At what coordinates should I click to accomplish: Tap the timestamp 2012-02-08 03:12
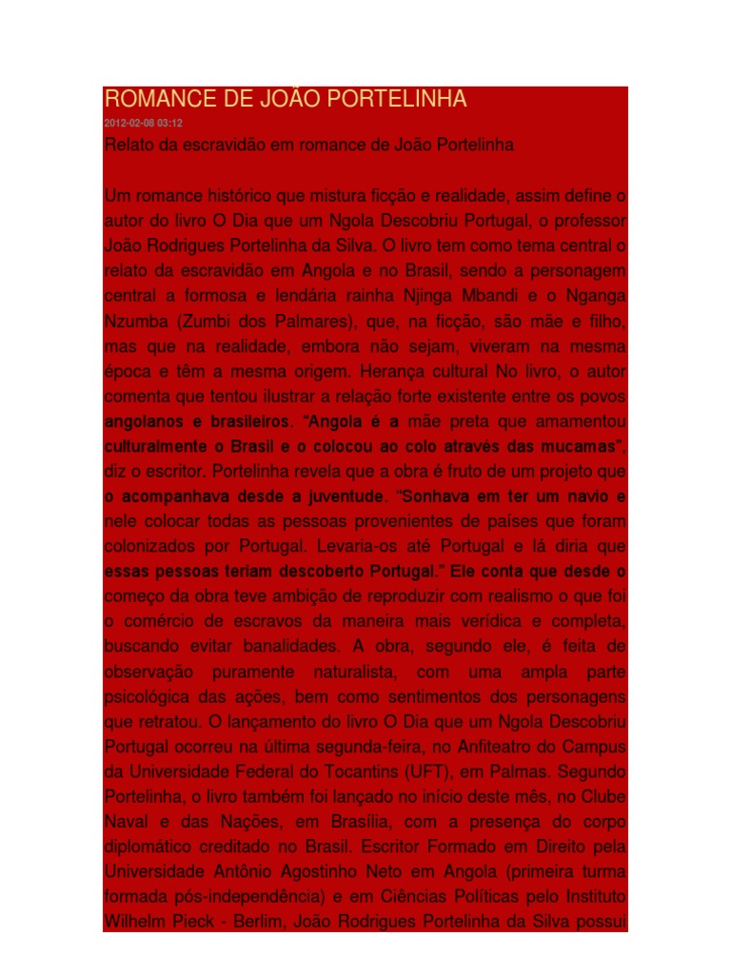coord(143,124)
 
